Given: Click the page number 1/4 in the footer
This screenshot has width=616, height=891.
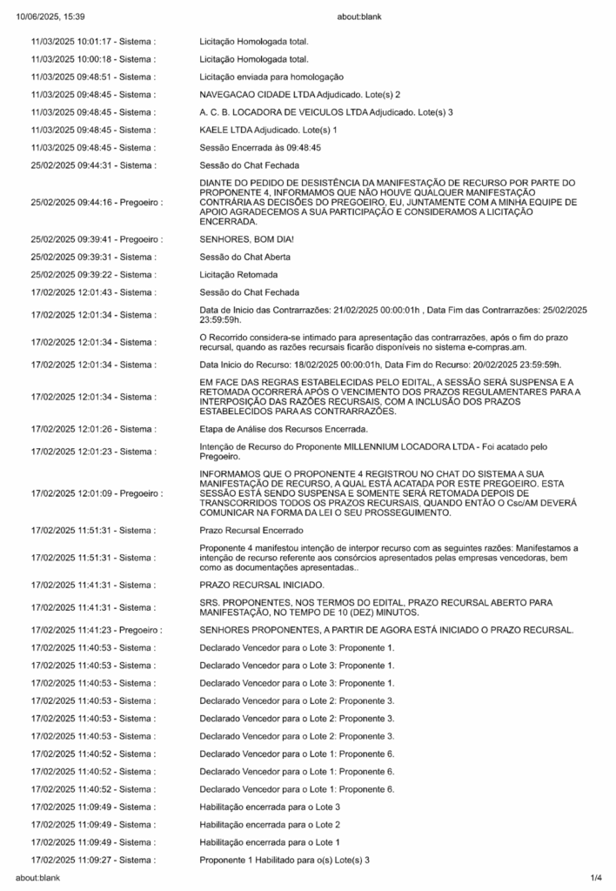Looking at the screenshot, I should [596, 877].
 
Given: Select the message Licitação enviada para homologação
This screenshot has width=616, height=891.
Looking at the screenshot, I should [271, 77].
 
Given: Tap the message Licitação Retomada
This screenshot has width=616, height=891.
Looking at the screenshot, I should [238, 274].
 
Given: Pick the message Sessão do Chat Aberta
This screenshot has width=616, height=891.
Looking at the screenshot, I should [244, 257].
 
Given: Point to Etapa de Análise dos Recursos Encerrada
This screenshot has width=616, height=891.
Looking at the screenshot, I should [284, 428].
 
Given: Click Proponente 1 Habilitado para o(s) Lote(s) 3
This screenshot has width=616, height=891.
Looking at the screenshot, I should [285, 860].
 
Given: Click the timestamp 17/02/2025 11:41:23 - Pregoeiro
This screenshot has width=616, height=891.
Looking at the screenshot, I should [97, 627].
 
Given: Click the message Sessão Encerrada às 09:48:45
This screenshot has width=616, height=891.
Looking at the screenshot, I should [260, 148].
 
